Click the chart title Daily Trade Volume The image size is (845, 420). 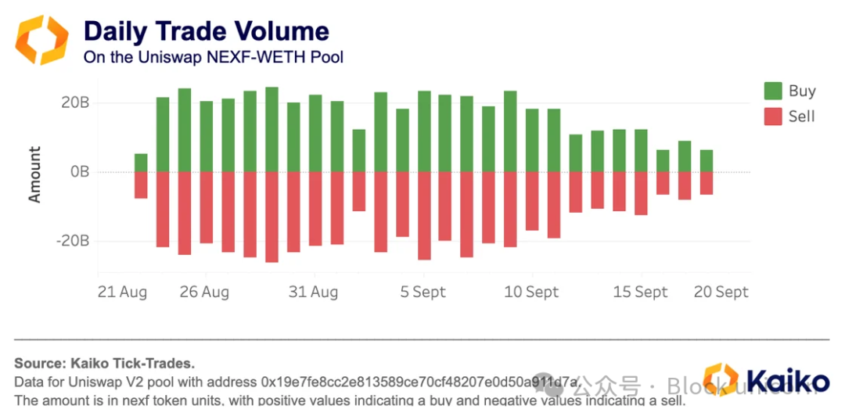207,31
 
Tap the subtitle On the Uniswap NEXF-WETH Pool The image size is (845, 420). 213,56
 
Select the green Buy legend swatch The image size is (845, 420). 773,91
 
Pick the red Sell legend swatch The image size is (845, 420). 773,117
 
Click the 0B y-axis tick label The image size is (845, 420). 79,171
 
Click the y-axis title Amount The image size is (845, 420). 34,174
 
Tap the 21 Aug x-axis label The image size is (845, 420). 122,292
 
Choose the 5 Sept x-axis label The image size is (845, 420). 422,292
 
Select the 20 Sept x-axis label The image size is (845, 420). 721,292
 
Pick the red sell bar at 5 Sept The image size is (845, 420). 424,215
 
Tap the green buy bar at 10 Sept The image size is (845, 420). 532,140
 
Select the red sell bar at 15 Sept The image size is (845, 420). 641,192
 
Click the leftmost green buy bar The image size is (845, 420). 141,163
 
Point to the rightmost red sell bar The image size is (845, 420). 706,182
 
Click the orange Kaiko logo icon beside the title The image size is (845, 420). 43,38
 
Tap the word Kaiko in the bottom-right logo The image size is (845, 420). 787,382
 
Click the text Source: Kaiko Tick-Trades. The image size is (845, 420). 104,363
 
